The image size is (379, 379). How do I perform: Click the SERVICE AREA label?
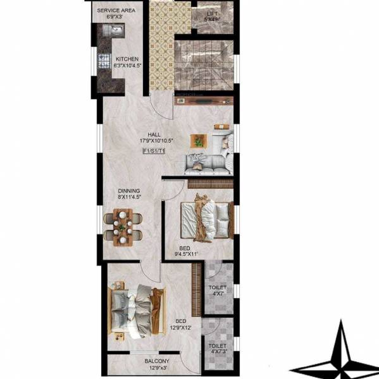[x=115, y=11]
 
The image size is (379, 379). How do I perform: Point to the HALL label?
[x=154, y=135]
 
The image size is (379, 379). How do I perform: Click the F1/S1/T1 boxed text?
[x=154, y=152]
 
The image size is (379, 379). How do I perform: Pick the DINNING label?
[x=128, y=190]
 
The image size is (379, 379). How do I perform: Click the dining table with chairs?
[x=123, y=226]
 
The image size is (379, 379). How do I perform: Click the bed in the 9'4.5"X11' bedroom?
[x=204, y=219]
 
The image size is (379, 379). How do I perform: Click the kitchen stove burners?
[x=104, y=61]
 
